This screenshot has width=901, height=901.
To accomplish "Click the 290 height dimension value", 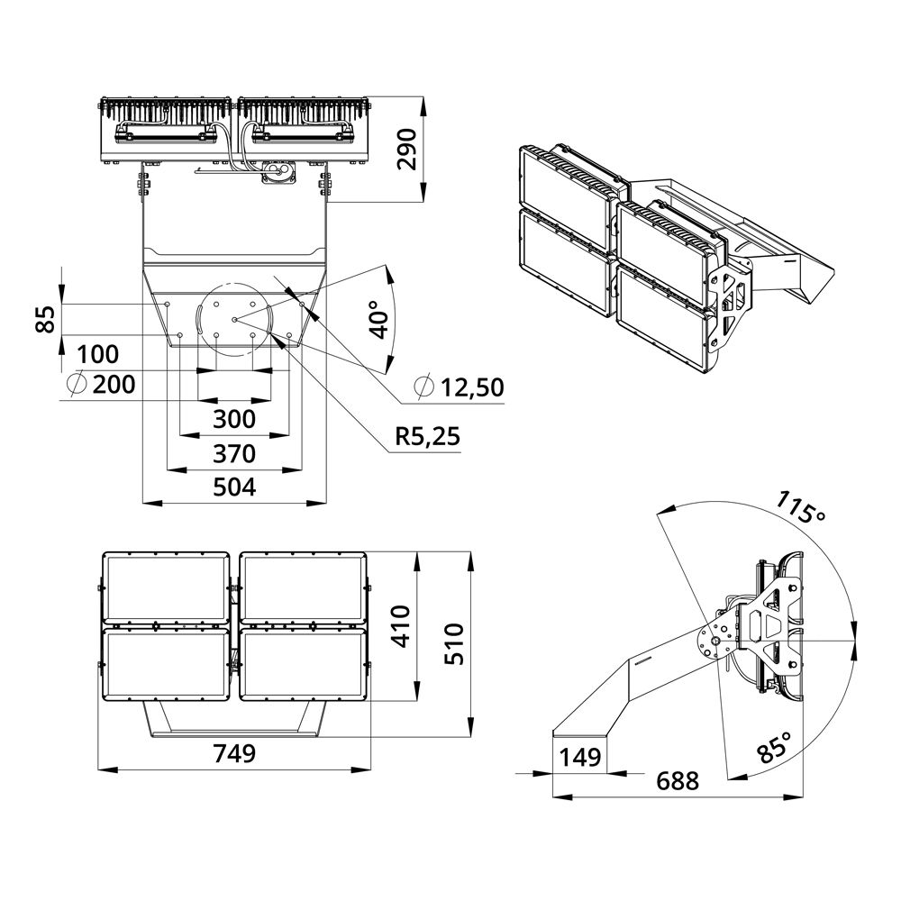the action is (x=407, y=150).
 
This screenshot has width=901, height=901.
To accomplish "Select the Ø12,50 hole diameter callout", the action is (x=460, y=387).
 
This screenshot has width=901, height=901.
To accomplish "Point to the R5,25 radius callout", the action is (x=427, y=437).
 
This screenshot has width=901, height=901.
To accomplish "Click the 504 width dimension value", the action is (x=234, y=487).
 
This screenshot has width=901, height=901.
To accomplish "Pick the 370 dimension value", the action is (x=234, y=454).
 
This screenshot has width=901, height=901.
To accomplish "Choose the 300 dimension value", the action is (x=234, y=420).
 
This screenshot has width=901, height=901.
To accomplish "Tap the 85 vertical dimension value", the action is (x=46, y=319).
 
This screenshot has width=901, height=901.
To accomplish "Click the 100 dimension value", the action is (x=97, y=354).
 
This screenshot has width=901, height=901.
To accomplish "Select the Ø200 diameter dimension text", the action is (x=101, y=384).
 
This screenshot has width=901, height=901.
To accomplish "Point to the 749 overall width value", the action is (x=234, y=752).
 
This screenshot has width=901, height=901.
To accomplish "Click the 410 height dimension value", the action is (x=403, y=626).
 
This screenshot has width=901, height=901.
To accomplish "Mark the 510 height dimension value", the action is (x=454, y=643).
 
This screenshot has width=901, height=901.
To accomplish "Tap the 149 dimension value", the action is (x=580, y=758).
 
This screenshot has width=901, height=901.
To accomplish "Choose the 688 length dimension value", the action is (x=678, y=781).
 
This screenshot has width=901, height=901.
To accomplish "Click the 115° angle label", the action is (x=800, y=506).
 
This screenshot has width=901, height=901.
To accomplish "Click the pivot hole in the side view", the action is (x=716, y=642).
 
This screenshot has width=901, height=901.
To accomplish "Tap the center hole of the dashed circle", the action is (x=234, y=319).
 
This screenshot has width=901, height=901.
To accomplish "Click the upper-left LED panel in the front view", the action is (x=166, y=587).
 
